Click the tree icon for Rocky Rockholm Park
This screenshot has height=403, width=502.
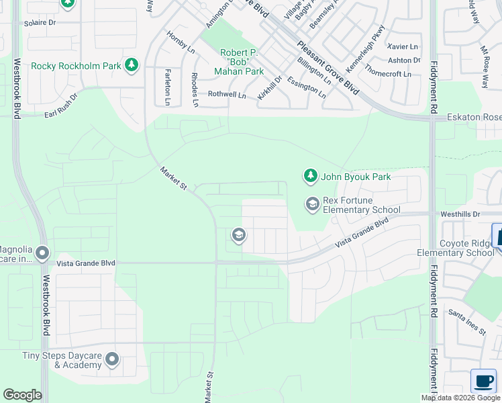point(133,65)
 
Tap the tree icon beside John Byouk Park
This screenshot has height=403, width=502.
point(310,177)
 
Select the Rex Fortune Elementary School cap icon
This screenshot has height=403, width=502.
point(312,203)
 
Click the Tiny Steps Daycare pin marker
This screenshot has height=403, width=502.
point(112,360)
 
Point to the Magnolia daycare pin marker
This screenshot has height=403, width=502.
point(42,253)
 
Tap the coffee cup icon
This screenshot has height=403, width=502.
point(483,381)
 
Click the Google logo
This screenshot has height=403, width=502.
point(22,395)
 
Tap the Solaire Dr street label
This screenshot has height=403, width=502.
point(40,22)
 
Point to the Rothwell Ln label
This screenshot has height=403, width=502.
point(228,95)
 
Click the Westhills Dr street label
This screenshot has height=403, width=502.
point(460,214)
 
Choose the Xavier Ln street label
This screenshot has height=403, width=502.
point(403,46)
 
